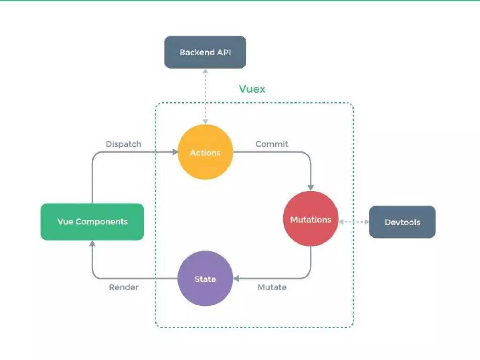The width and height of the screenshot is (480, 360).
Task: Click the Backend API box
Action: coord(205,52)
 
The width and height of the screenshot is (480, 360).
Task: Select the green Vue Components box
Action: coord(92,222)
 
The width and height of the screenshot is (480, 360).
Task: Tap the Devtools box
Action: coord(402,222)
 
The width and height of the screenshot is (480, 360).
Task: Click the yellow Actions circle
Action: coord(205,152)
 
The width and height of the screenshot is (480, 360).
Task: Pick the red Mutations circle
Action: coord(311,219)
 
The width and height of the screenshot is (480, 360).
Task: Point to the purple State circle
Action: coord(205,279)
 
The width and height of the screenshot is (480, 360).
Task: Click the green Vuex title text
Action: coord(252,89)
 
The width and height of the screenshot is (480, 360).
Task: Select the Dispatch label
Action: coord(123,144)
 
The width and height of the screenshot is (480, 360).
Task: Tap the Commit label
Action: coord(272,144)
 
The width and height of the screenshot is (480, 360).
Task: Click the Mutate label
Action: coord(272,287)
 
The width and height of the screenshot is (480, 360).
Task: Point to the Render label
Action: coord(123,287)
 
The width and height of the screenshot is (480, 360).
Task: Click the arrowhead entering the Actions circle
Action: coord(175,152)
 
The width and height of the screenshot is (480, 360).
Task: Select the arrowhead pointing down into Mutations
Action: coord(311,187)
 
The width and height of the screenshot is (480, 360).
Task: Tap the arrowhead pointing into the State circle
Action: coord(236,278)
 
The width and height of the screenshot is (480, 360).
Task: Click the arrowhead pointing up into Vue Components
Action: coord(92,243)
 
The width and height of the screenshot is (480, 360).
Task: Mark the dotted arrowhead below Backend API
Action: coord(205,72)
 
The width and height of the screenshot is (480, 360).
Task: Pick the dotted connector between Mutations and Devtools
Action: coord(353,222)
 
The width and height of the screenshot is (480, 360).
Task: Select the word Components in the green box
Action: coord(102,222)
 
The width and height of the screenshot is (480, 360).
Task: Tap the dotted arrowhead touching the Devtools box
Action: coord(366,222)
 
